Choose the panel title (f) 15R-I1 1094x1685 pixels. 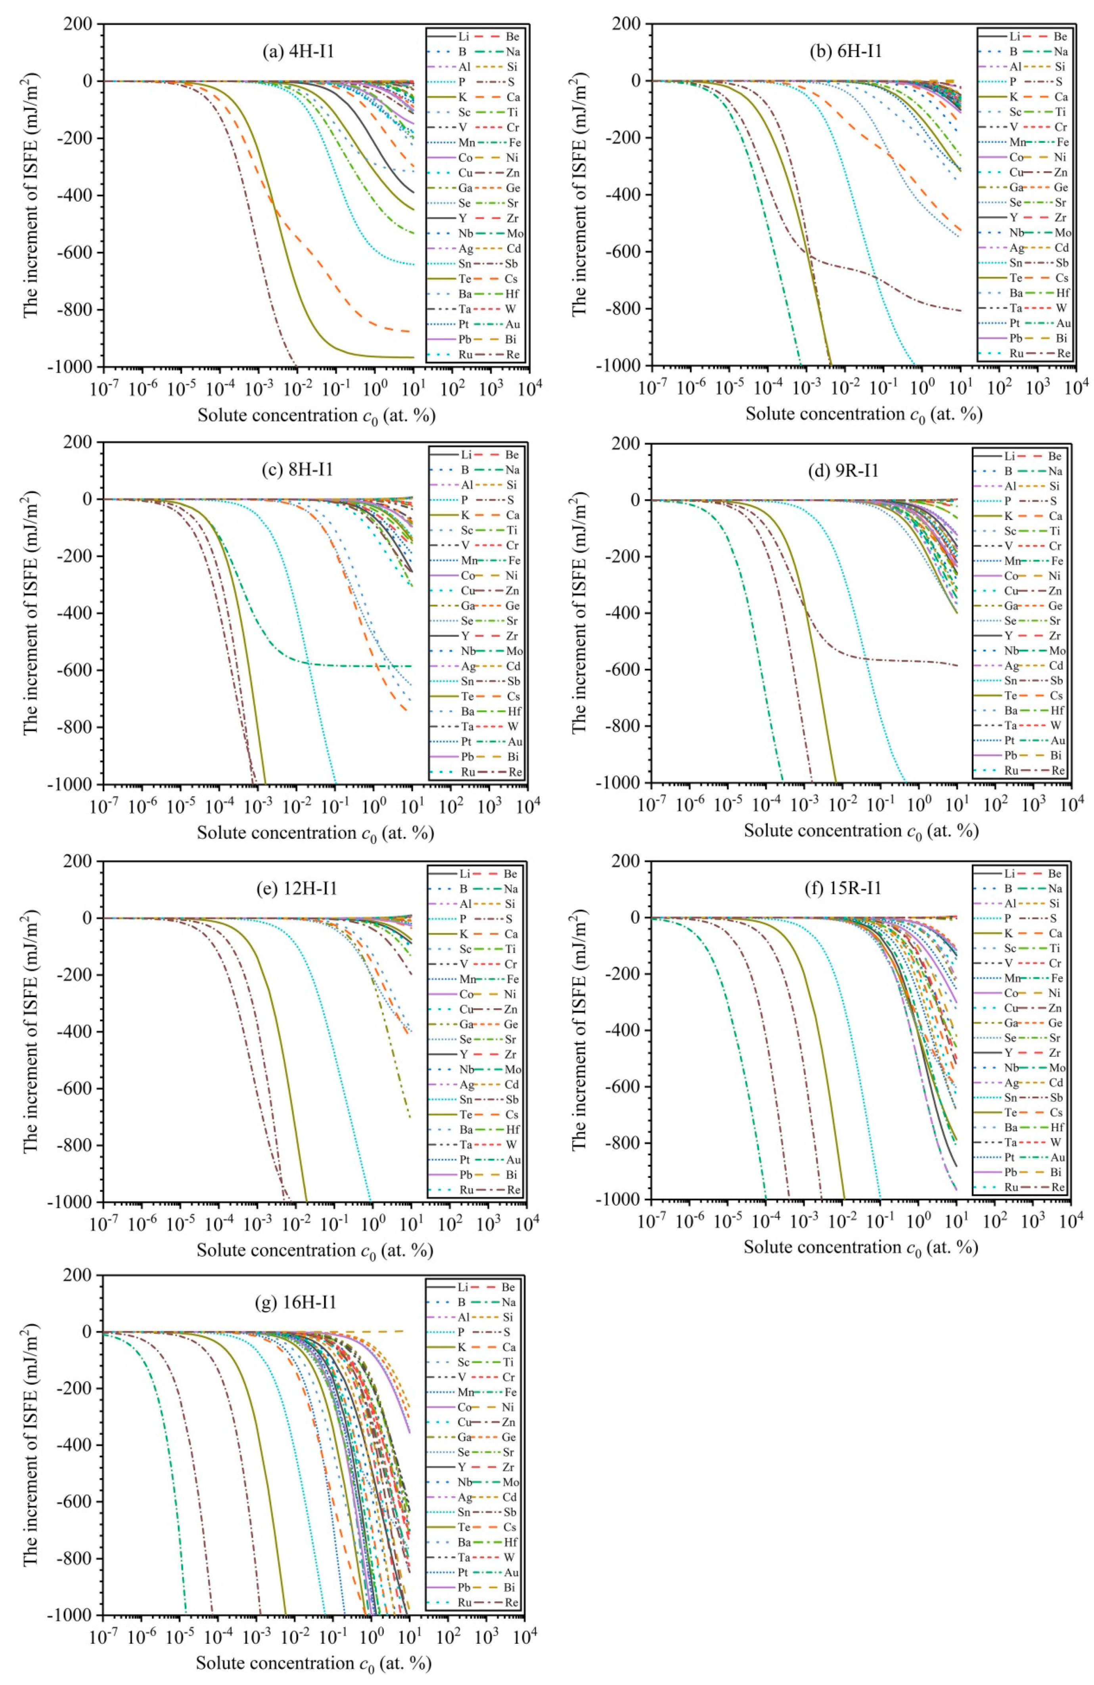[x=845, y=887]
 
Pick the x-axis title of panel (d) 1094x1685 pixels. [x=861, y=831]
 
